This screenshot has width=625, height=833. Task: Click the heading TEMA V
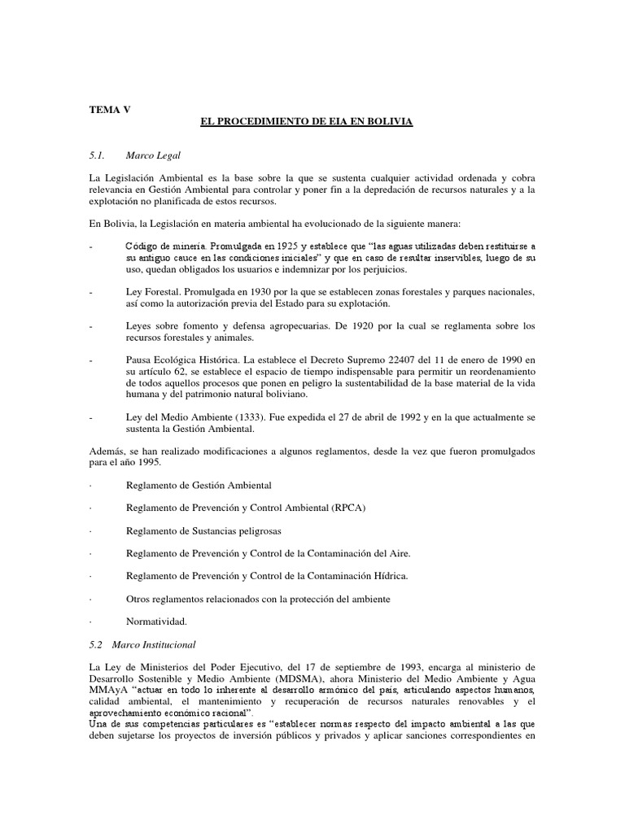click(x=108, y=107)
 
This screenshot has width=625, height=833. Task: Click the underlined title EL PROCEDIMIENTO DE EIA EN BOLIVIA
click(x=307, y=121)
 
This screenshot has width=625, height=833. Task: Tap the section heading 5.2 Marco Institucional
click(x=142, y=644)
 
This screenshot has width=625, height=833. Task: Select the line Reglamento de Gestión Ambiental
click(x=199, y=485)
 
